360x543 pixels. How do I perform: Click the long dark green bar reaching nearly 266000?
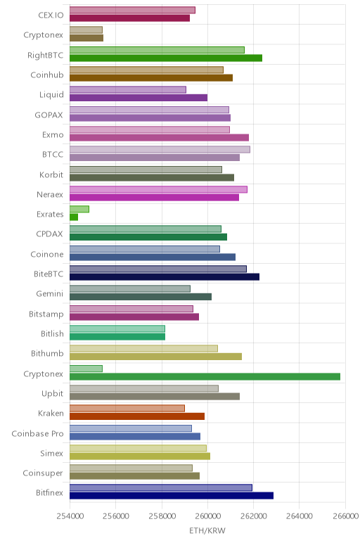[x=205, y=376]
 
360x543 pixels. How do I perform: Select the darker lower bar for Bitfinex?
[x=172, y=496]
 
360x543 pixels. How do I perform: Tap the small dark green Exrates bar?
[x=74, y=217]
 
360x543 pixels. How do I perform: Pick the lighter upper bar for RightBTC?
[x=157, y=50]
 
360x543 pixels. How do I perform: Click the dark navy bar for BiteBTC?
[x=165, y=276]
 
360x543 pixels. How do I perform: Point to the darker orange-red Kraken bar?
[x=137, y=416]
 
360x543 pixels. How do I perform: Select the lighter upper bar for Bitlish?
[x=117, y=328]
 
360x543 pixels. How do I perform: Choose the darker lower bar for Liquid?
[x=139, y=98]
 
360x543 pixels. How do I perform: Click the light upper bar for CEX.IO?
[x=132, y=10]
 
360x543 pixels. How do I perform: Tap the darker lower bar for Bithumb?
[x=156, y=357]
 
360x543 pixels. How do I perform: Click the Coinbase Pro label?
[x=37, y=433]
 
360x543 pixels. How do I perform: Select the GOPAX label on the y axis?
[x=49, y=115]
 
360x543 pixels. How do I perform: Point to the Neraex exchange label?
[x=50, y=195]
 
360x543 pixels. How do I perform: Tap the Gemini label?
[x=50, y=294]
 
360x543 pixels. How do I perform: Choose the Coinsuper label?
[x=43, y=473]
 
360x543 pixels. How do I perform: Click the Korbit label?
[x=51, y=174]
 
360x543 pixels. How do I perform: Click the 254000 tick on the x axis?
[x=70, y=516]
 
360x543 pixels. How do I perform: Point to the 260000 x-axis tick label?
[x=207, y=516]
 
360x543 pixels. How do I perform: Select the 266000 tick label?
[x=345, y=516]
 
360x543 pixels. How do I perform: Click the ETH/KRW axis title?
[x=207, y=530]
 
